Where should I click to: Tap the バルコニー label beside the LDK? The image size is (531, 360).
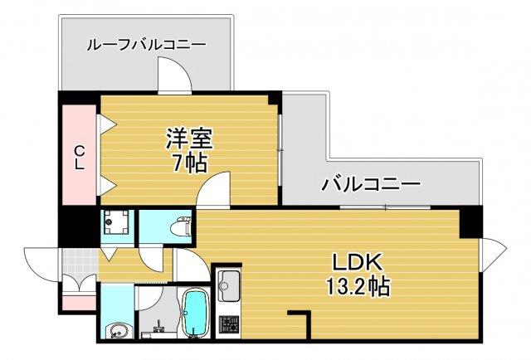pos(371,183)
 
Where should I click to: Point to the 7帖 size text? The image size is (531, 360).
pos(188,162)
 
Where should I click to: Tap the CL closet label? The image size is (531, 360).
pos(80,157)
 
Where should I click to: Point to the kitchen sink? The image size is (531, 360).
pos(228,286)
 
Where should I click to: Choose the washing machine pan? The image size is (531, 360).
pos(117,224)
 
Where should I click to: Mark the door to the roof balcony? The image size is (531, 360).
pos(176,79)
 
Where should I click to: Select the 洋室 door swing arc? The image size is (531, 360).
pos(213,191)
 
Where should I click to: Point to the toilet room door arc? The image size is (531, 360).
pos(153,259)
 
